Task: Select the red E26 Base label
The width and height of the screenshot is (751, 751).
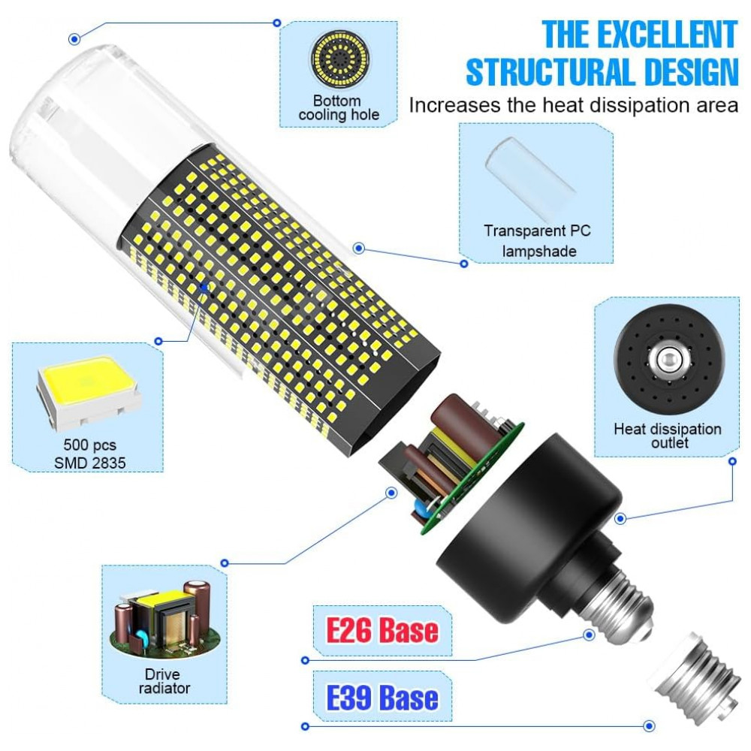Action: tap(381, 629)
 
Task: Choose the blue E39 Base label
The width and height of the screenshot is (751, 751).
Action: tap(382, 697)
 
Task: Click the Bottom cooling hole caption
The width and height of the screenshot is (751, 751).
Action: tap(338, 107)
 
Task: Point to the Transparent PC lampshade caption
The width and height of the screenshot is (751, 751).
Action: tap(537, 240)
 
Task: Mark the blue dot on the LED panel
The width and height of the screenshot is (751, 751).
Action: tap(204, 285)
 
